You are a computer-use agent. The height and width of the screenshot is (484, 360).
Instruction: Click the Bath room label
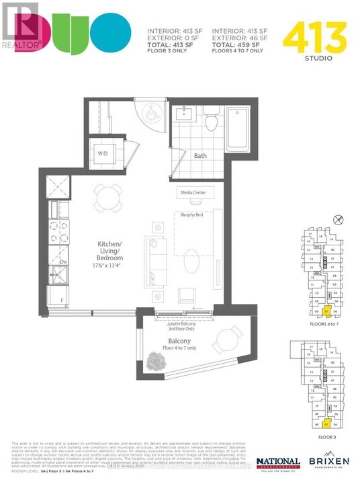tap(200, 156)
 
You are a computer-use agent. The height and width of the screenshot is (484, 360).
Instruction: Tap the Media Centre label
tap(193, 193)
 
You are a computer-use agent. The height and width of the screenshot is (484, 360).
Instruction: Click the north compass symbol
tap(338, 219)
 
